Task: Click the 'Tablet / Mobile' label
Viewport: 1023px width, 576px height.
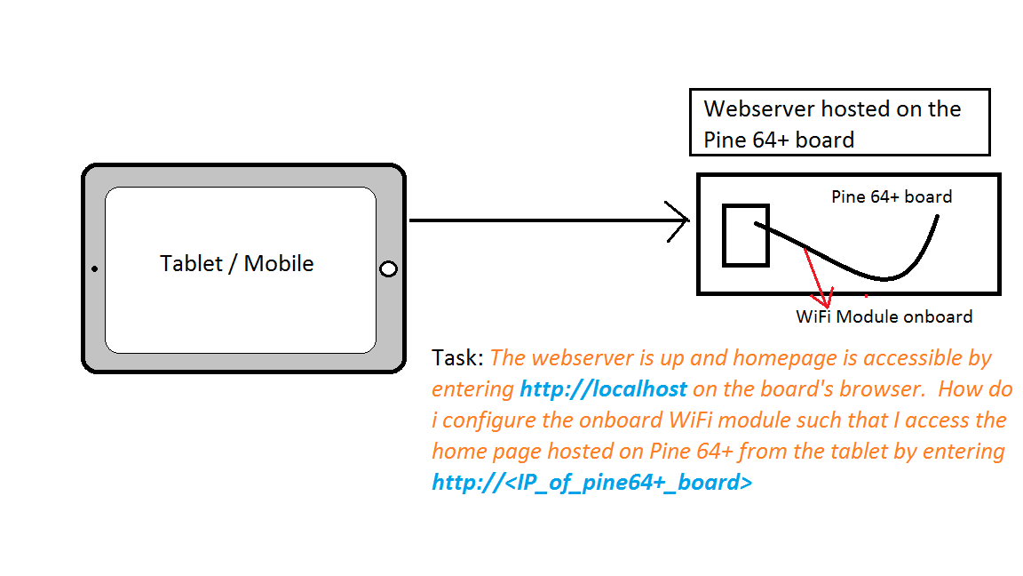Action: [236, 264]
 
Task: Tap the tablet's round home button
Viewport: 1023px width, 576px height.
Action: [388, 269]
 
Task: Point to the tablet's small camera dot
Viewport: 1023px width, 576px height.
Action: [94, 268]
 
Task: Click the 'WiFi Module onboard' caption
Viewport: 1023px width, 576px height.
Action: [884, 316]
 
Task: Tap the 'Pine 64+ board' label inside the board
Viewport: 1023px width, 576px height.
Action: [891, 196]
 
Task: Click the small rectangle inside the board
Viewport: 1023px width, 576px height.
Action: [745, 235]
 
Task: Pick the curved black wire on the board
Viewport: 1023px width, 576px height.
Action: [879, 275]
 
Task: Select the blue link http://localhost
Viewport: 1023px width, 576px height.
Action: [604, 389]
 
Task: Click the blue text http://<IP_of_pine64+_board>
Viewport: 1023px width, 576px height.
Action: [592, 483]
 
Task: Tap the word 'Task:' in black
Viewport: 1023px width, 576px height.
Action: [457, 358]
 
